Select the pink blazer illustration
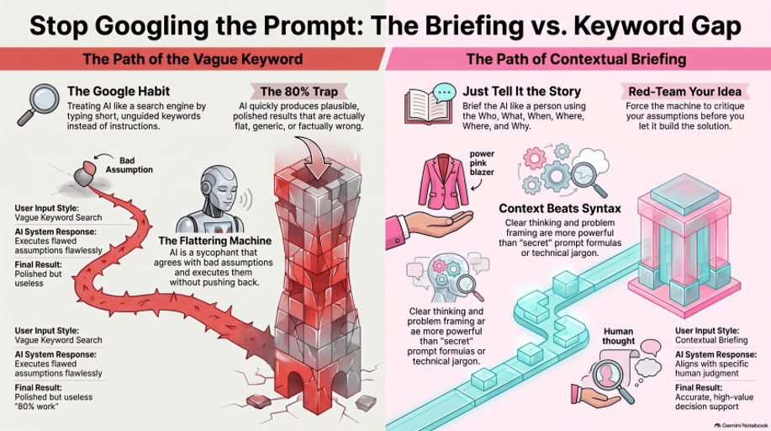coord(443,181)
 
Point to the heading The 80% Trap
coord(299,92)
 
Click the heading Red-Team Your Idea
coord(684,92)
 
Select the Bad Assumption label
coord(129,165)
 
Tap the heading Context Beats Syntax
coord(560,209)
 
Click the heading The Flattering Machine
coord(215,241)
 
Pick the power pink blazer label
coord(482,163)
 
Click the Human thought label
coord(618,336)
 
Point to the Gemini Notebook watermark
coord(741,425)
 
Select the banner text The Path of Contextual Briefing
coord(576,59)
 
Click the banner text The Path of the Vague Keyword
coord(193,59)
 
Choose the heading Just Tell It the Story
coord(521,92)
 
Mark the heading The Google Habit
coord(119,91)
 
